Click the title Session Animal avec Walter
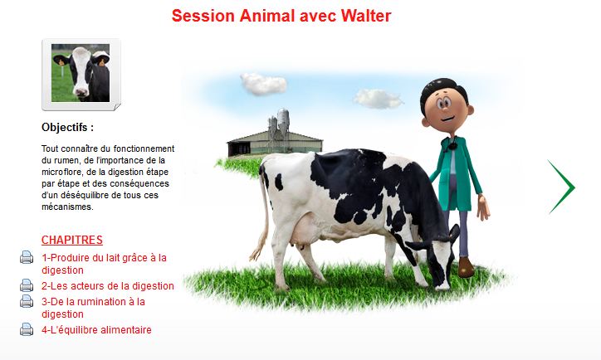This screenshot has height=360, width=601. coord(281,16)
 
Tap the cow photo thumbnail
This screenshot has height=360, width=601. coord(81,73)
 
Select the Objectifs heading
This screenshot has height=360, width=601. coord(67,127)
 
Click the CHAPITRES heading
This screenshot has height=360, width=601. coord(72,240)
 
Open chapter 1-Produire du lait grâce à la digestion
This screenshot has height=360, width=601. coord(104,264)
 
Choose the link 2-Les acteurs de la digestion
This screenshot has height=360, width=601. coord(108,286)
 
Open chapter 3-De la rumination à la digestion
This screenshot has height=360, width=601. coord(93,308)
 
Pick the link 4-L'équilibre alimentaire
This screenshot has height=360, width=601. coord(96,330)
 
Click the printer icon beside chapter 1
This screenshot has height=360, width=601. coord(27,257)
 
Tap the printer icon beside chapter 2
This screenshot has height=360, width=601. coord(27,285)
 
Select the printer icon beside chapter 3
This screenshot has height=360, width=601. coord(27,301)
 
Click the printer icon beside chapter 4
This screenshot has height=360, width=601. coord(27,329)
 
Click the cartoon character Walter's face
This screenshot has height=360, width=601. coord(446,108)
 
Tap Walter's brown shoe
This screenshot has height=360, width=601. coord(466,266)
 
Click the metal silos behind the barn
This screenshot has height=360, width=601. coord(279,124)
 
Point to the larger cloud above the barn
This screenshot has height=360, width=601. coord(264,84)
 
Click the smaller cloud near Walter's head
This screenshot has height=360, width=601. coord(378,99)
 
